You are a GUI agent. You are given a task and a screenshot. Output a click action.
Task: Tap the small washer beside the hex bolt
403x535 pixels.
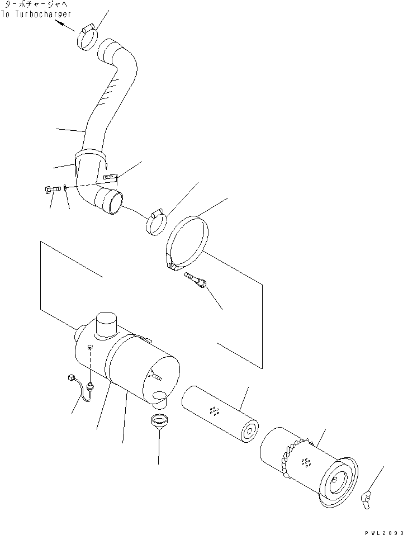tap(66, 188)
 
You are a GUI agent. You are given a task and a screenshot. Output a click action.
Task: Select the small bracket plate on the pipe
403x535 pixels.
tap(111, 178)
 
